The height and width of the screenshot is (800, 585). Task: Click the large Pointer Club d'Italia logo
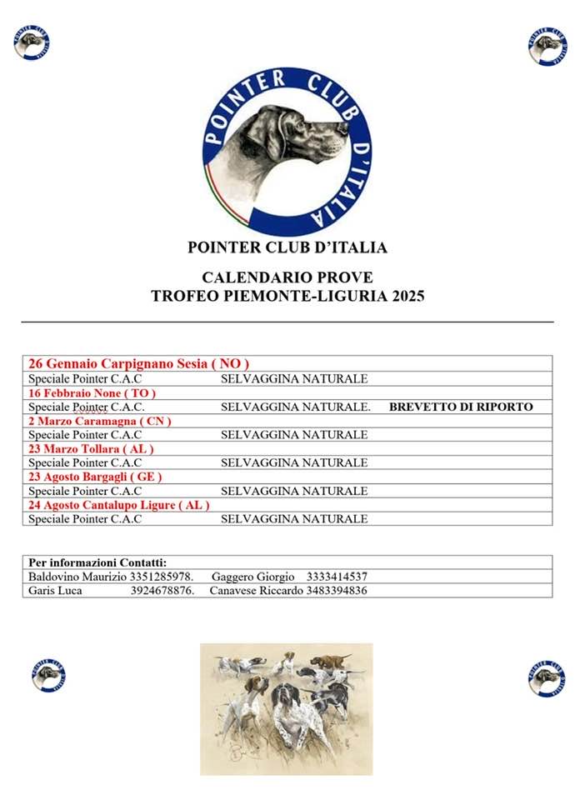287,151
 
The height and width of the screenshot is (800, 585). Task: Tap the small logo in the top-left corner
31,42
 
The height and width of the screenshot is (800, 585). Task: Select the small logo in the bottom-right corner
547,677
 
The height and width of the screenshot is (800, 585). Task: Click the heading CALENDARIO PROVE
287,277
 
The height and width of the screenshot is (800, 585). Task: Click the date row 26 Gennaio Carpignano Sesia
139,363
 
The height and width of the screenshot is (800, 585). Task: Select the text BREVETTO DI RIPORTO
460,407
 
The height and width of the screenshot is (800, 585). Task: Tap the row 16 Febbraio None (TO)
92,392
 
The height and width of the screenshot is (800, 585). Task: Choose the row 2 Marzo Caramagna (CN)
100,421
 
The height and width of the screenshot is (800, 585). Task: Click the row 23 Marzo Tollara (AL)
91,448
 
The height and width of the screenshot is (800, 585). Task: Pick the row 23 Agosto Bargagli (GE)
95,477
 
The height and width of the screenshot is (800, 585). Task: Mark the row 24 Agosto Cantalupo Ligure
119,504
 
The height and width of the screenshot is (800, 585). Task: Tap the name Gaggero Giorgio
253,576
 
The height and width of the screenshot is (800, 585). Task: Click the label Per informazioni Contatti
97,562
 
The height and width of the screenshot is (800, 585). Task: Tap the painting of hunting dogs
286,708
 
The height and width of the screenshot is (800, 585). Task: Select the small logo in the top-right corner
547,45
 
